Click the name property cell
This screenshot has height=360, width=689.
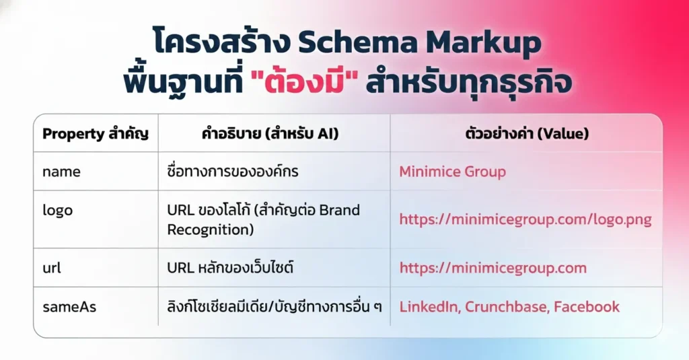point(61,172)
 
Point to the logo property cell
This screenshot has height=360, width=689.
point(57,210)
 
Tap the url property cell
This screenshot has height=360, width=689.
point(52,268)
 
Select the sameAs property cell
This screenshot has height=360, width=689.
point(69,307)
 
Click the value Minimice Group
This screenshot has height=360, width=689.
point(452,172)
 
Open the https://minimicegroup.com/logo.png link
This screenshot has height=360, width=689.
point(525,219)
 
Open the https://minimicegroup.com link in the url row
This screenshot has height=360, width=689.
point(493,268)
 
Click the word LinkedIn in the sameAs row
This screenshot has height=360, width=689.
point(429,307)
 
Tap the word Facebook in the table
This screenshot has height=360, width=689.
point(587,307)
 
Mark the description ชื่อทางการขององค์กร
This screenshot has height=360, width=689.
point(232,172)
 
